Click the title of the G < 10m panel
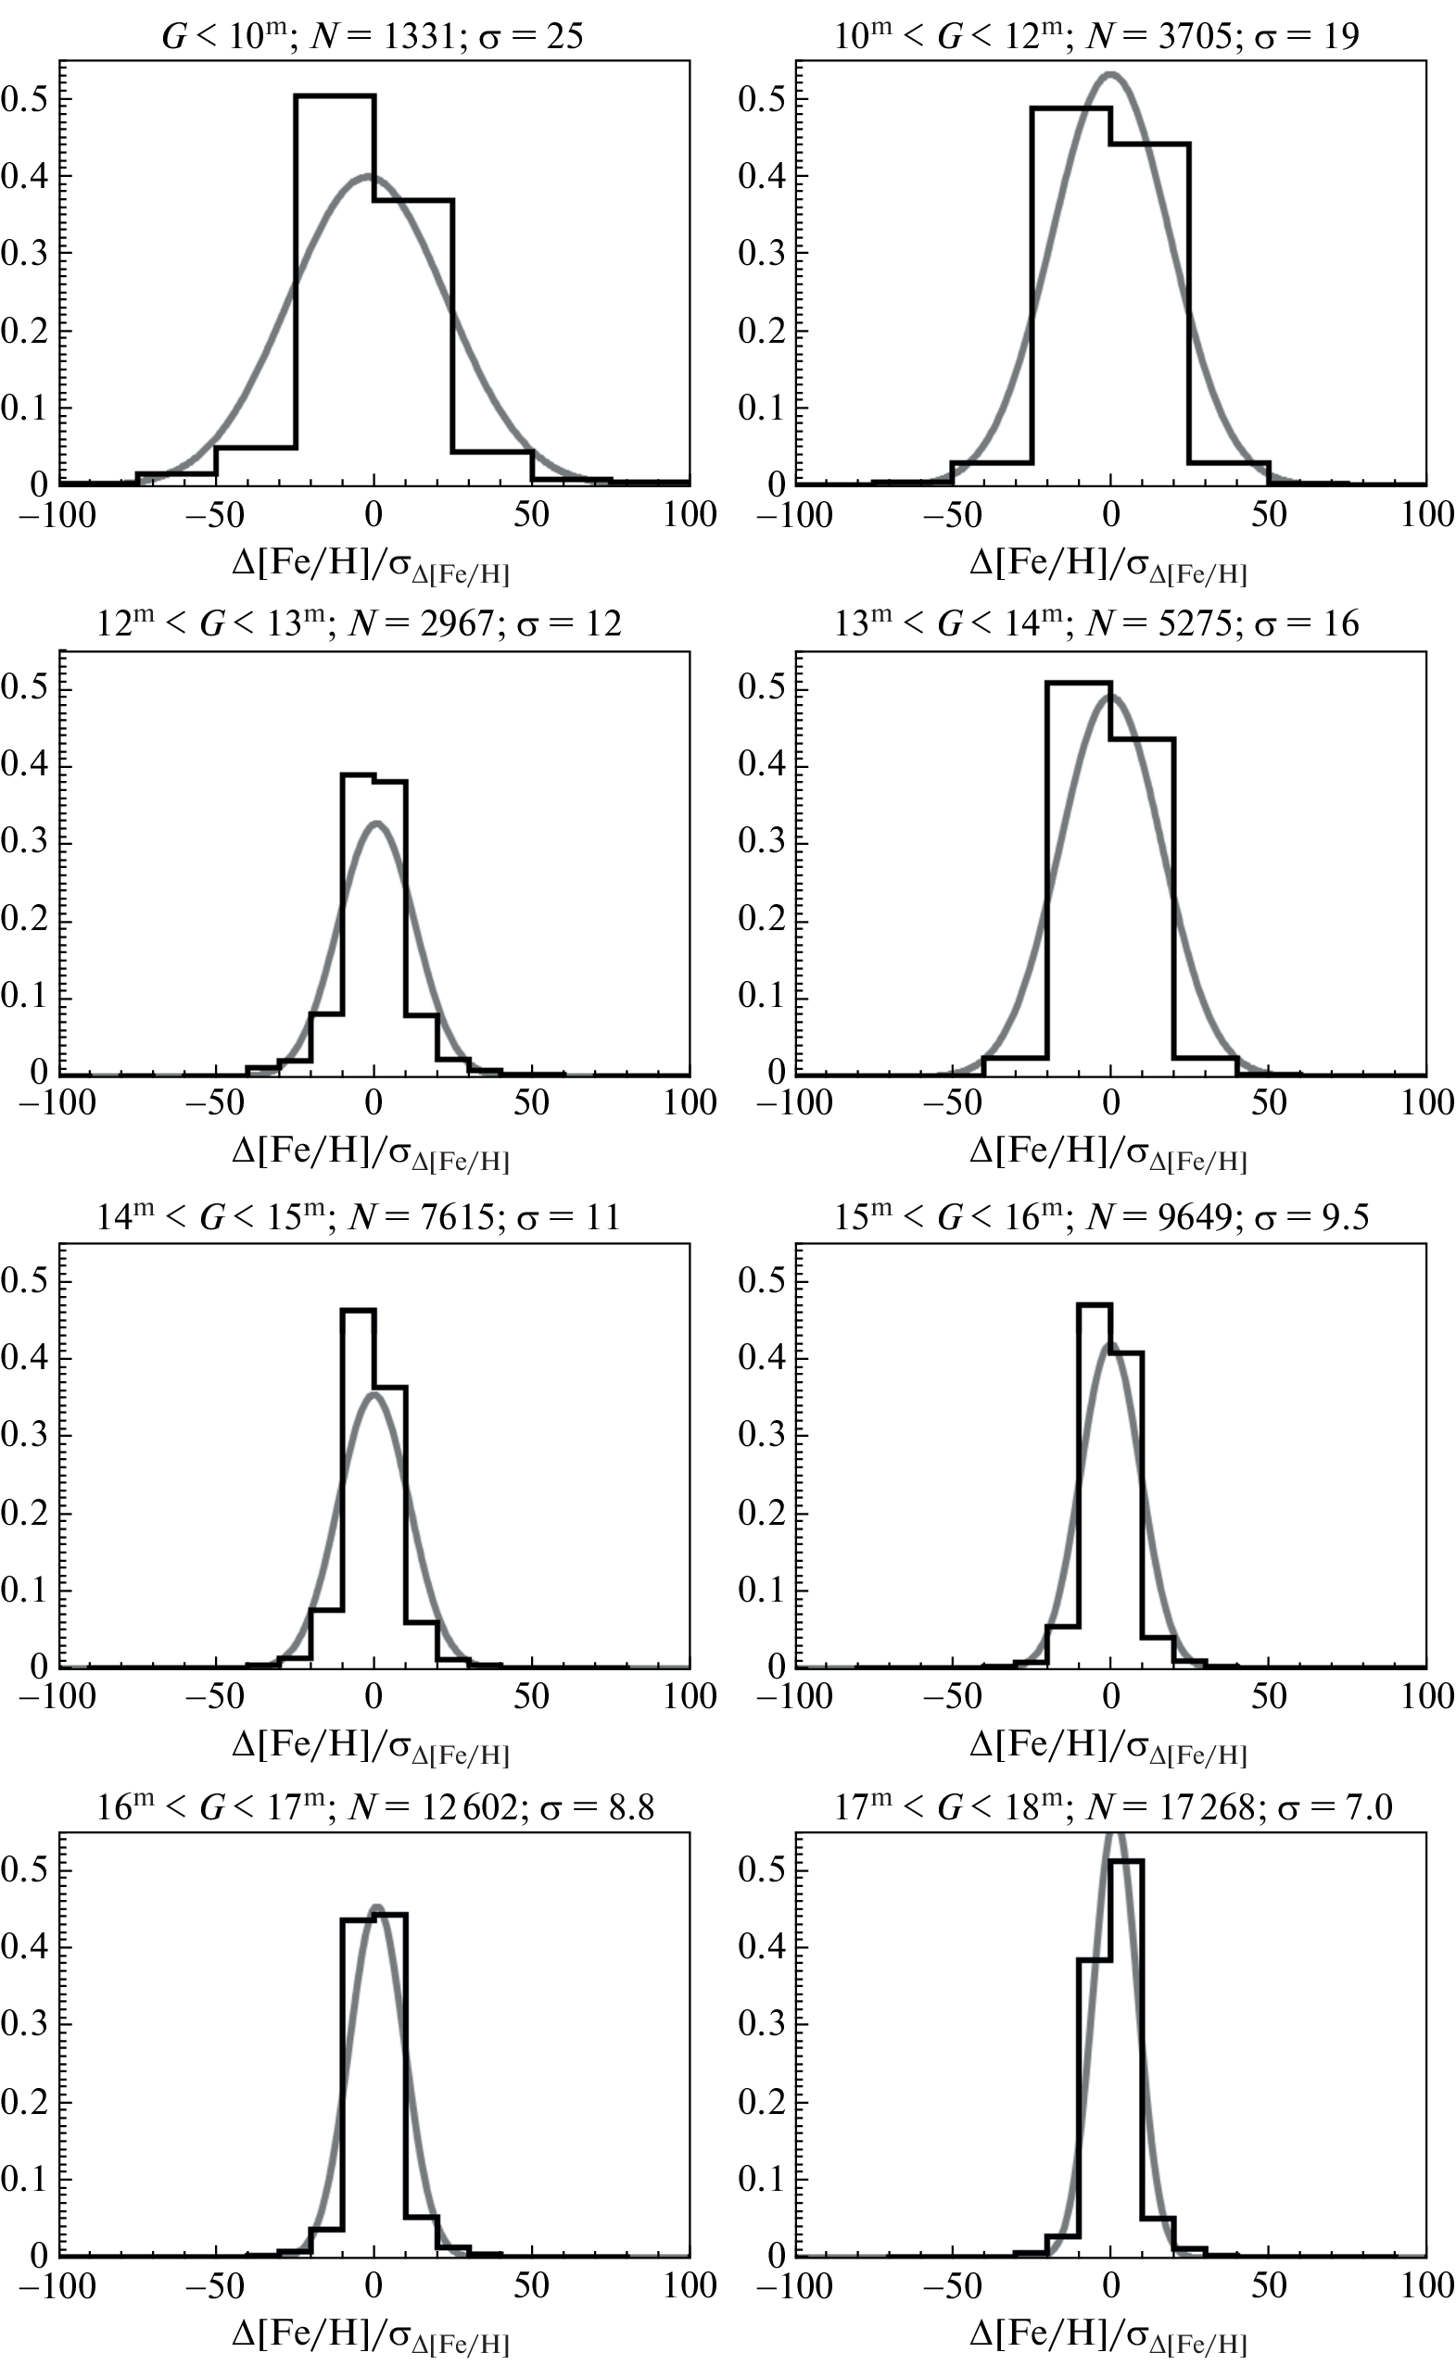(373, 36)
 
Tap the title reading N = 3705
(1096, 36)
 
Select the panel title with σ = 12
(360, 623)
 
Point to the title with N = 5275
(1096, 623)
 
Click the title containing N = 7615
(360, 1216)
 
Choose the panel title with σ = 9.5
(1102, 1216)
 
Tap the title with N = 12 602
(375, 1807)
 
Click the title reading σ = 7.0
(1113, 1807)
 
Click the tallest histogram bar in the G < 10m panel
(335, 289)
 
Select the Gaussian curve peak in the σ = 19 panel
(1110, 73)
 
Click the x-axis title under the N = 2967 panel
(371, 1153)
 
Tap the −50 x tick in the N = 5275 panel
(953, 1102)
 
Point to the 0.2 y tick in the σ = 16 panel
(763, 920)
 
